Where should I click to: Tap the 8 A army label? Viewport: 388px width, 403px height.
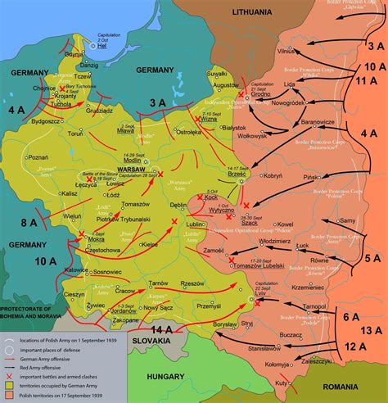[29, 222]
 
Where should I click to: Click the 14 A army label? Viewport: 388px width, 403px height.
[163, 328]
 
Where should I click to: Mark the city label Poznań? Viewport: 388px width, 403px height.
[37, 155]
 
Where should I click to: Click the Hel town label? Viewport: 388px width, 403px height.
[102, 48]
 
